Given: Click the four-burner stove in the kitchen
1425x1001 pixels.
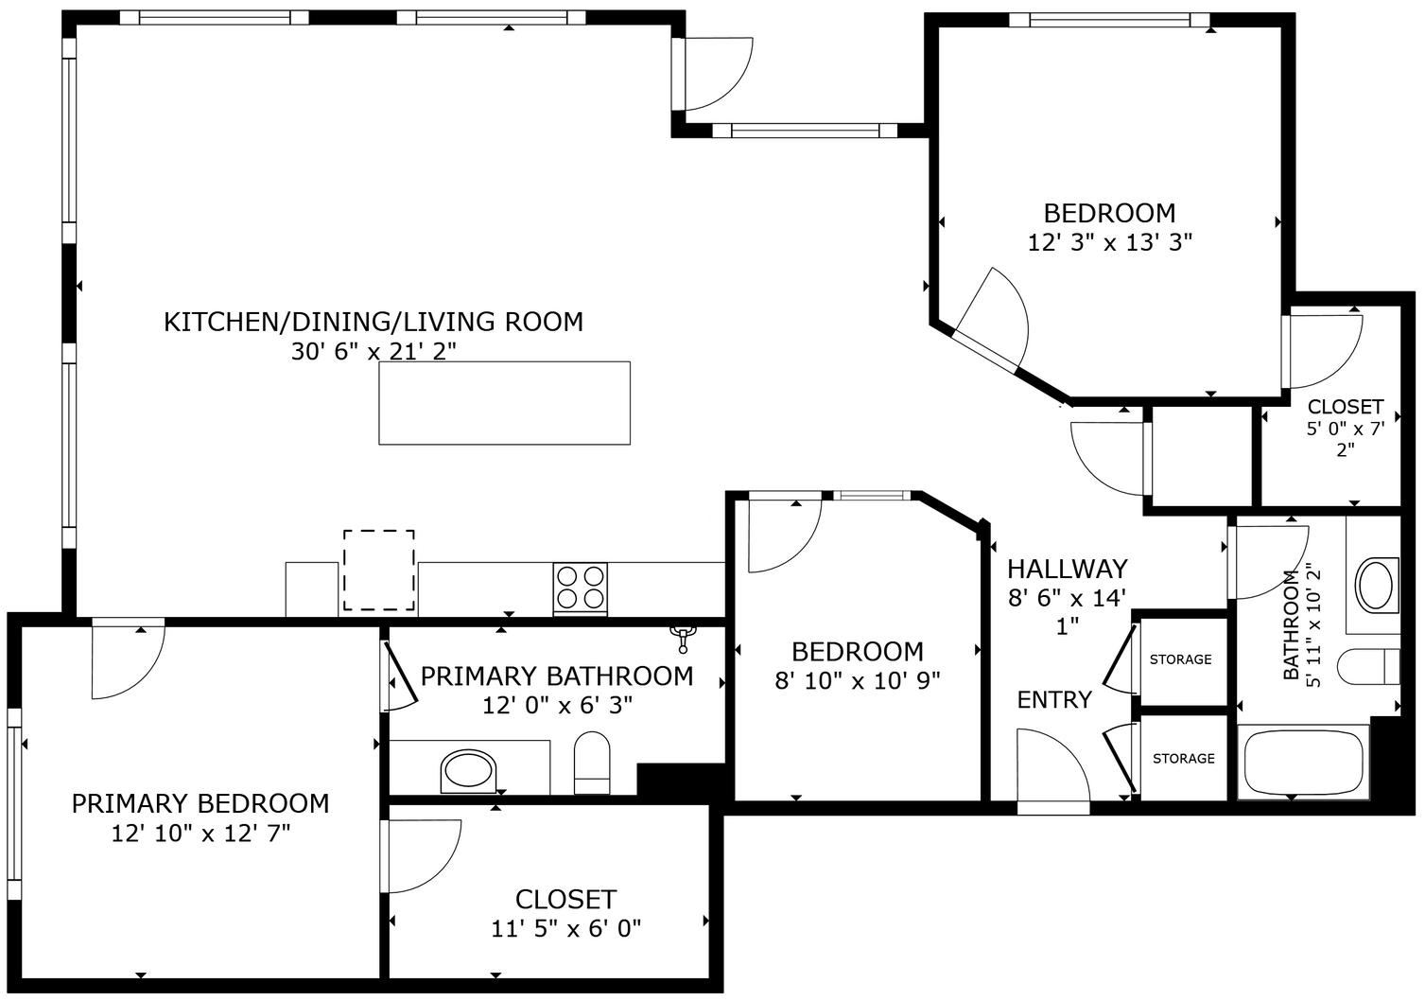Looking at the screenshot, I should click(581, 588).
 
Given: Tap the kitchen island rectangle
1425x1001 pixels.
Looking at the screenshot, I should click(504, 403).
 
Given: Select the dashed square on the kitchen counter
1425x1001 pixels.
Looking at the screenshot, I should click(378, 570).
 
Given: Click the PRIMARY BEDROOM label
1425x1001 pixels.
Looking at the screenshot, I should click(200, 803).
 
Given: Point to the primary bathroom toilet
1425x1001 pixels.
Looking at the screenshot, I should click(592, 763).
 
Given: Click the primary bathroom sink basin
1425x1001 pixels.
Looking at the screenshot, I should click(468, 770).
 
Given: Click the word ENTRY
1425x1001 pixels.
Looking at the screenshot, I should click(1054, 700).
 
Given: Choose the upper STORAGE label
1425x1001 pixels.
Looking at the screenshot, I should click(1180, 659).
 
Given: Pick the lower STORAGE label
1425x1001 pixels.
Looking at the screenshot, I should click(1183, 759).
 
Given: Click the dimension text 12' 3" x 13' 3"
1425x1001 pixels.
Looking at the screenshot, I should click(1109, 243).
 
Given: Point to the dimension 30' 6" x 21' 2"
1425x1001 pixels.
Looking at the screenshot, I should click(374, 352).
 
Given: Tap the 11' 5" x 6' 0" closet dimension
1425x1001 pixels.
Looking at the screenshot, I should click(565, 929).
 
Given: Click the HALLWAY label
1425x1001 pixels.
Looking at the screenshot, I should click(1067, 569).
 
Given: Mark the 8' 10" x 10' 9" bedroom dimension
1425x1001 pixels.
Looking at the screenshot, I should click(858, 681).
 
